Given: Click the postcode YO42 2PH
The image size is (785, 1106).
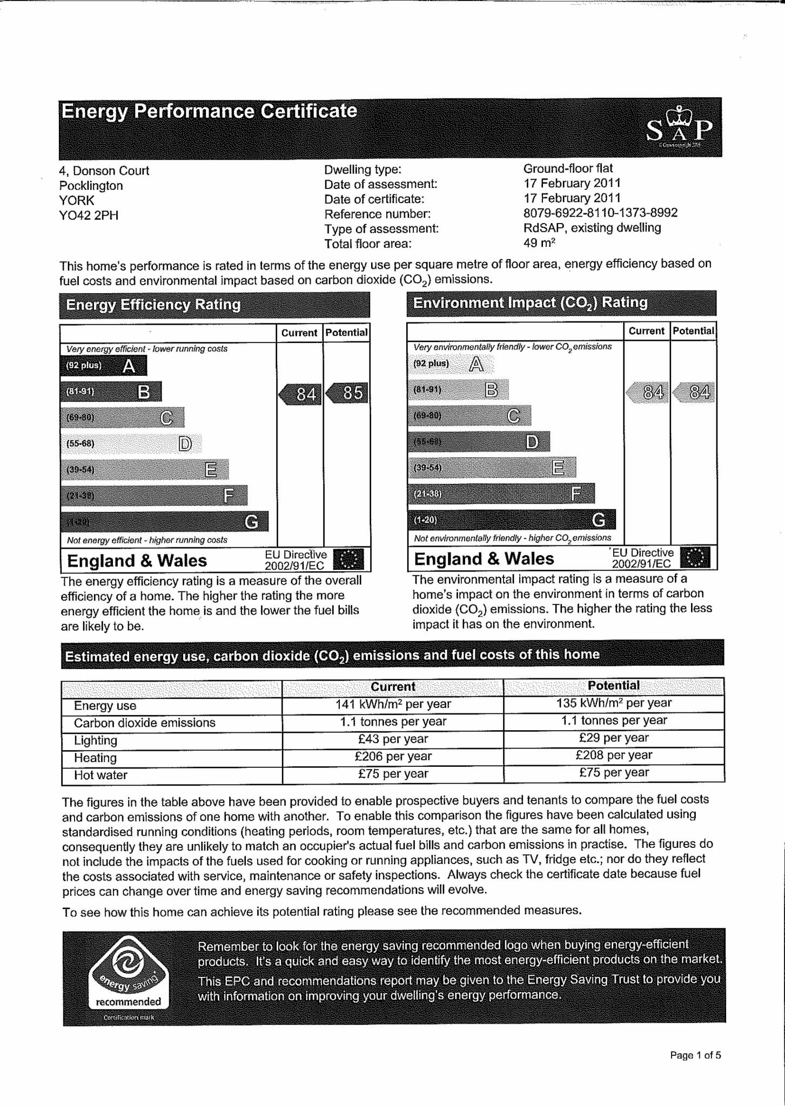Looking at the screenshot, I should point(89,215).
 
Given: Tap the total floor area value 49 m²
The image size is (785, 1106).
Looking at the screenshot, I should point(539,243).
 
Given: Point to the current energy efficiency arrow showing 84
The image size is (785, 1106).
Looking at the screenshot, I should point(301,394).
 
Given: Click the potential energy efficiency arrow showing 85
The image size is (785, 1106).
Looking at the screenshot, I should point(348,393).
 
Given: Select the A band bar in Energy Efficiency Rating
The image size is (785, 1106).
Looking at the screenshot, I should point(103,366).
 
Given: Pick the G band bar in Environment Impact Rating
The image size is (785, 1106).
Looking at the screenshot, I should point(511,520).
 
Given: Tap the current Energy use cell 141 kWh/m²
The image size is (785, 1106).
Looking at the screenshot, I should point(393,704).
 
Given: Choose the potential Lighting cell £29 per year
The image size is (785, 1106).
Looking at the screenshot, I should point(613,738).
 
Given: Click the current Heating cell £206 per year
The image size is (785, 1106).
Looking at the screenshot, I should point(393,757).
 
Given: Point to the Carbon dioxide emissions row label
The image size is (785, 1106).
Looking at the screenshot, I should point(144,723).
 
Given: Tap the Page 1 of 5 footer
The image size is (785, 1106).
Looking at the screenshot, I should point(695,1055).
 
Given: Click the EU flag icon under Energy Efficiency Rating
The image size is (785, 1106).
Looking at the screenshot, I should point(348,560).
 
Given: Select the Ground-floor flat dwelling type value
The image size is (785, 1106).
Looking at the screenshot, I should point(568,168).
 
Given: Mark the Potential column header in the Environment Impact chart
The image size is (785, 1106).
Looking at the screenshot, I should point(693,331).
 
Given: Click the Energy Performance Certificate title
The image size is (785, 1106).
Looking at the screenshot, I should point(209,111).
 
